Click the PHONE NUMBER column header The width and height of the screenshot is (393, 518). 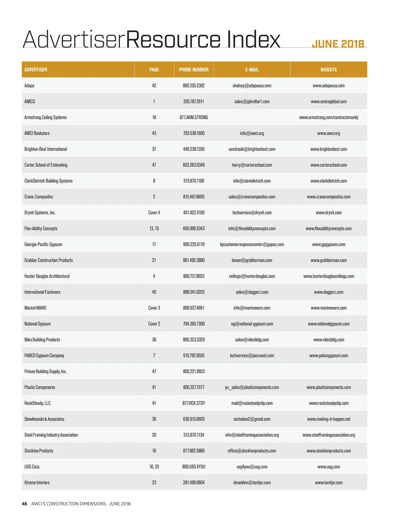point(194,70)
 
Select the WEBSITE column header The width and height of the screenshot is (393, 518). point(328,70)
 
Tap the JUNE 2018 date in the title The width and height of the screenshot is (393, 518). point(338,44)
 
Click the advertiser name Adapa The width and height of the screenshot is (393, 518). point(29,86)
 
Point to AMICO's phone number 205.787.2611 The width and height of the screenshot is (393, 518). point(194,102)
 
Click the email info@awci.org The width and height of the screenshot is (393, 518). point(252,133)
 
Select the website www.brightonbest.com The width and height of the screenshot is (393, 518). point(328,149)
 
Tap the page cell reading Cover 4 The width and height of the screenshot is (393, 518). point(154,213)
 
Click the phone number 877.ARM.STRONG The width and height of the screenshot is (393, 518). point(194,118)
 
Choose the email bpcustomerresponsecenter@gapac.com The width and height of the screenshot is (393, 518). point(252,245)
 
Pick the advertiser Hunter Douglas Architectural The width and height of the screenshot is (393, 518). point(47,276)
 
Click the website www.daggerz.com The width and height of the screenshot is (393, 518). point(328,292)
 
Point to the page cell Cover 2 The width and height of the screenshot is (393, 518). point(154,324)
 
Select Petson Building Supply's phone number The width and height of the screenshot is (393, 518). point(194,372)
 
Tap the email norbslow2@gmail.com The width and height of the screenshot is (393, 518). point(252,419)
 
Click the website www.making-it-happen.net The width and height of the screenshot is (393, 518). point(328,419)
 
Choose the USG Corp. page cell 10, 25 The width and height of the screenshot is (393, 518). point(154,467)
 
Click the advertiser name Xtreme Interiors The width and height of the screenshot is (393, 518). point(37,483)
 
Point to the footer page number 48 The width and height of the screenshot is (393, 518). point(25,504)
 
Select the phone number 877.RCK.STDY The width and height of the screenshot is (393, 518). point(194,403)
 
